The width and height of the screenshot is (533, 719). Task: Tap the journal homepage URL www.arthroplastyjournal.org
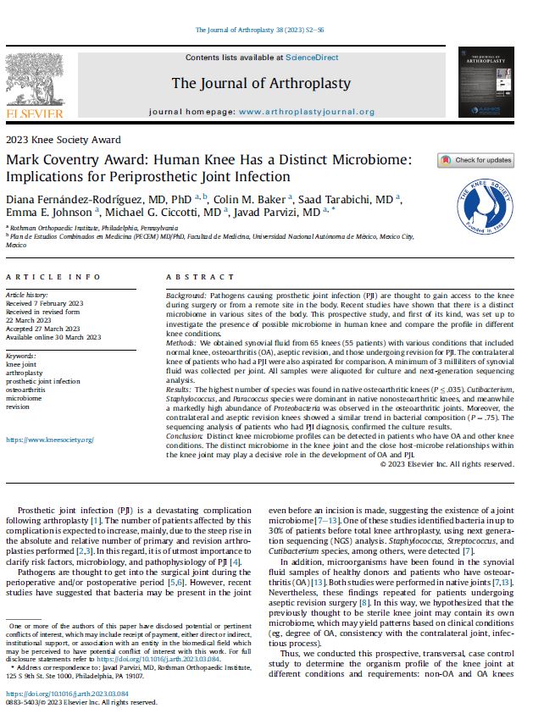(x=306, y=112)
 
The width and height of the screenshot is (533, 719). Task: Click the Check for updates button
(x=475, y=160)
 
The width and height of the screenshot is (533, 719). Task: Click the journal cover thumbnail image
(x=486, y=81)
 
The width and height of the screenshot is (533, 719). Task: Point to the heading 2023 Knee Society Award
(x=63, y=140)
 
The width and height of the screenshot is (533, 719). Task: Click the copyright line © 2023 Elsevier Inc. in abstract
(x=446, y=463)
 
